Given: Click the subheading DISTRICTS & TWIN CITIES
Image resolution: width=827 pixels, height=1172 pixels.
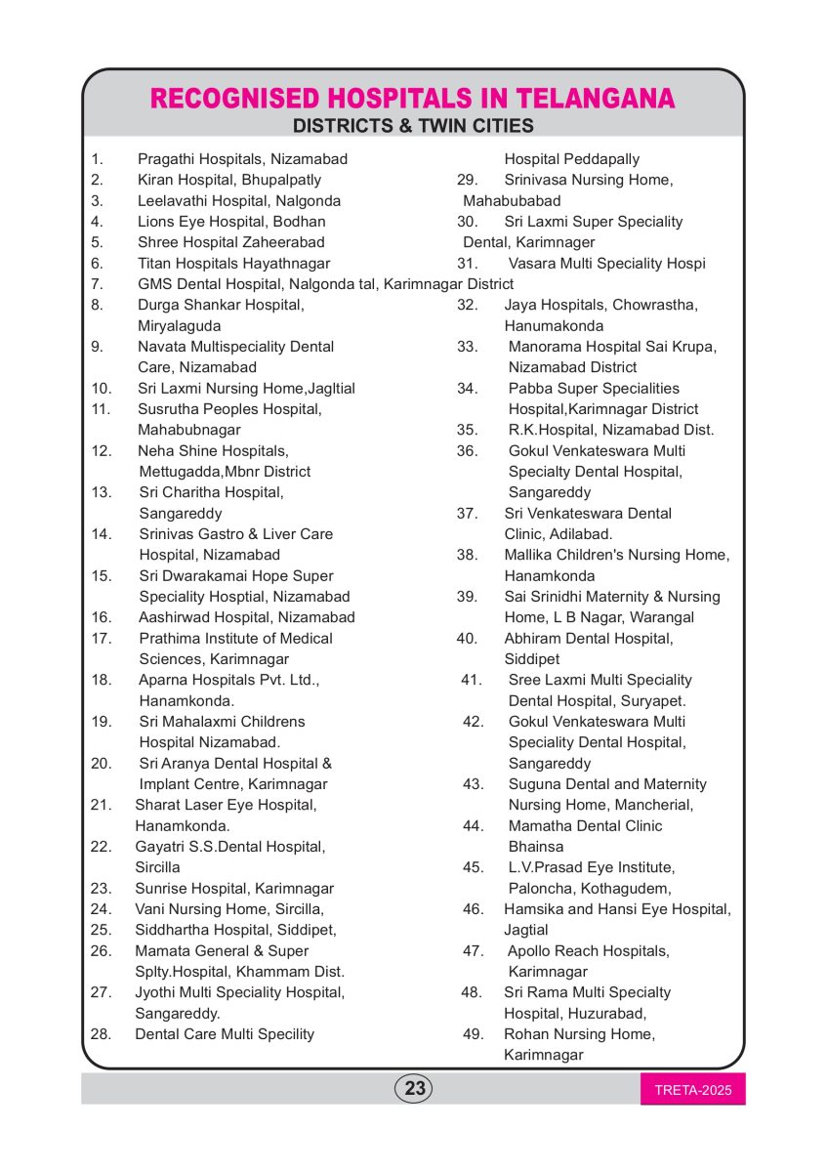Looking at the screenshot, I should coord(413,126).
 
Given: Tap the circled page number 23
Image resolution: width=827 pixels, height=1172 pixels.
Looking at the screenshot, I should coord(414,1088).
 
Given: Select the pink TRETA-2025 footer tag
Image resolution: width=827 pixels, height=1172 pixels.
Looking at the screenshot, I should coord(692,1090).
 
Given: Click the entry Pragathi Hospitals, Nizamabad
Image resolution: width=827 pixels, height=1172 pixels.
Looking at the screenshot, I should coord(242,159).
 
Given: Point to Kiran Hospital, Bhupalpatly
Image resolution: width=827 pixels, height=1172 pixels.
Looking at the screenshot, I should coord(229,180).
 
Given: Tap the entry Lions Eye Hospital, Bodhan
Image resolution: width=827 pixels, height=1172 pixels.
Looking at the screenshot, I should coord(231,222).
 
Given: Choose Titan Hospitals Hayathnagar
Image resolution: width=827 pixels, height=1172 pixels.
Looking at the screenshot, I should coord(233,264).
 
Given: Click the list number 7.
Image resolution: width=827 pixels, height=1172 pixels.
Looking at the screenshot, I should coord(97,284).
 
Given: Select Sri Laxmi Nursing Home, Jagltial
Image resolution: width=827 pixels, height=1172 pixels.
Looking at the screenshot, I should coord(246,389).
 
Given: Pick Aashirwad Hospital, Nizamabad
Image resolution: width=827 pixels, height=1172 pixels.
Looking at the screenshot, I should coord(247,617).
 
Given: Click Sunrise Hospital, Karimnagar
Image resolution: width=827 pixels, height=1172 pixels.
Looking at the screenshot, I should coord(234,889).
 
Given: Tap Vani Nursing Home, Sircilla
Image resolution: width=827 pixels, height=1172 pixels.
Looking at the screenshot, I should coord(229,909).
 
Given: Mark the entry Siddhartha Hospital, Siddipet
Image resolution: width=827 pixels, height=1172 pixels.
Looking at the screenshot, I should coord(235,930).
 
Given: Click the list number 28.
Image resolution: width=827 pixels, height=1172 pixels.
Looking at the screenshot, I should coord(101,1033).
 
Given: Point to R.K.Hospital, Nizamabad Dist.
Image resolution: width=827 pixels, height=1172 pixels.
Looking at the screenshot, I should coord(611,430).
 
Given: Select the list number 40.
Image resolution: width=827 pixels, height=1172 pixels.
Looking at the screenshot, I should coord(467,639).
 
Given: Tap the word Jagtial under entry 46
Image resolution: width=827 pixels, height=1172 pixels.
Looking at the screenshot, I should coord(526,930).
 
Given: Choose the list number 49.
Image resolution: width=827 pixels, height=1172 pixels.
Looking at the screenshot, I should coord(473,1033).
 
